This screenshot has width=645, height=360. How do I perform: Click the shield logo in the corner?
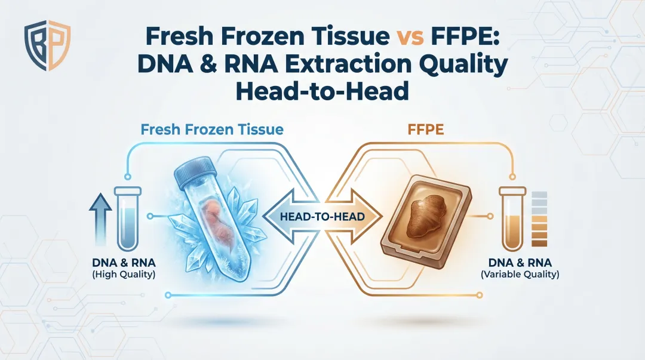tap(47, 47)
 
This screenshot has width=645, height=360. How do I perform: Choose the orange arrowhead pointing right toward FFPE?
tap(368, 216)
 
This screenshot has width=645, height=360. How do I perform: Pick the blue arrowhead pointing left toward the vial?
tap(275, 216)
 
